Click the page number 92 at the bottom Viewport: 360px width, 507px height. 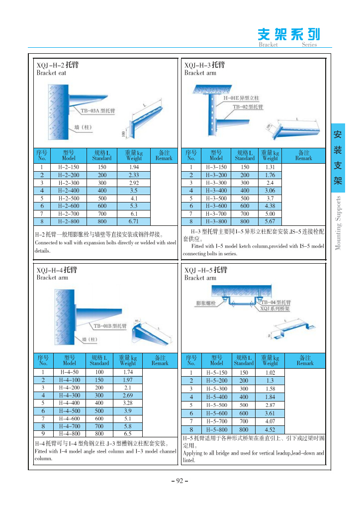click(180, 481)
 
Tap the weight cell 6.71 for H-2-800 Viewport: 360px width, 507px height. click(134, 221)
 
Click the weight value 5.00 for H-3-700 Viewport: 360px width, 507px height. click(270, 213)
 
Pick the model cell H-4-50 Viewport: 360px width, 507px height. click(69, 372)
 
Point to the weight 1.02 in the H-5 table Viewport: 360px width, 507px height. click(270, 372)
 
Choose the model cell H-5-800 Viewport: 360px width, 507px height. click(216, 429)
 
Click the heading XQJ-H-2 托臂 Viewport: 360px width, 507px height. click(58, 65)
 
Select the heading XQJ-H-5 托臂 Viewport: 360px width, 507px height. click(205, 270)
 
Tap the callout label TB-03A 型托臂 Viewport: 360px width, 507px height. click(98, 110)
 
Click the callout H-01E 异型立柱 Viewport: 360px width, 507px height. click(241, 99)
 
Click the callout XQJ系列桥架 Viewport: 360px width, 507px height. click(275, 308)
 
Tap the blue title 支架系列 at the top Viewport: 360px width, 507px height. click(288, 34)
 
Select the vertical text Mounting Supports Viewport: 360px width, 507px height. click(339, 223)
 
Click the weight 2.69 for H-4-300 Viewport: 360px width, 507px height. click(127, 395)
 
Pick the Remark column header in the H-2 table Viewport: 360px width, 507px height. click(164, 155)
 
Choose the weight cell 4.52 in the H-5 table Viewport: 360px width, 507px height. click(270, 429)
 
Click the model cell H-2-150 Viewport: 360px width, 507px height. click(69, 167)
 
